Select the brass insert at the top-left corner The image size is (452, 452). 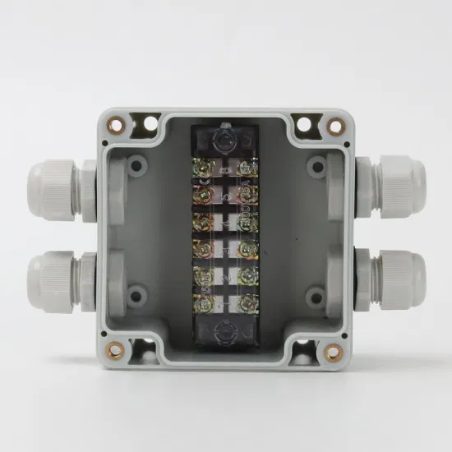point(117,126)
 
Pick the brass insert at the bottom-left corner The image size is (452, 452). point(116,351)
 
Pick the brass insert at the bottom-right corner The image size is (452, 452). point(333,352)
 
